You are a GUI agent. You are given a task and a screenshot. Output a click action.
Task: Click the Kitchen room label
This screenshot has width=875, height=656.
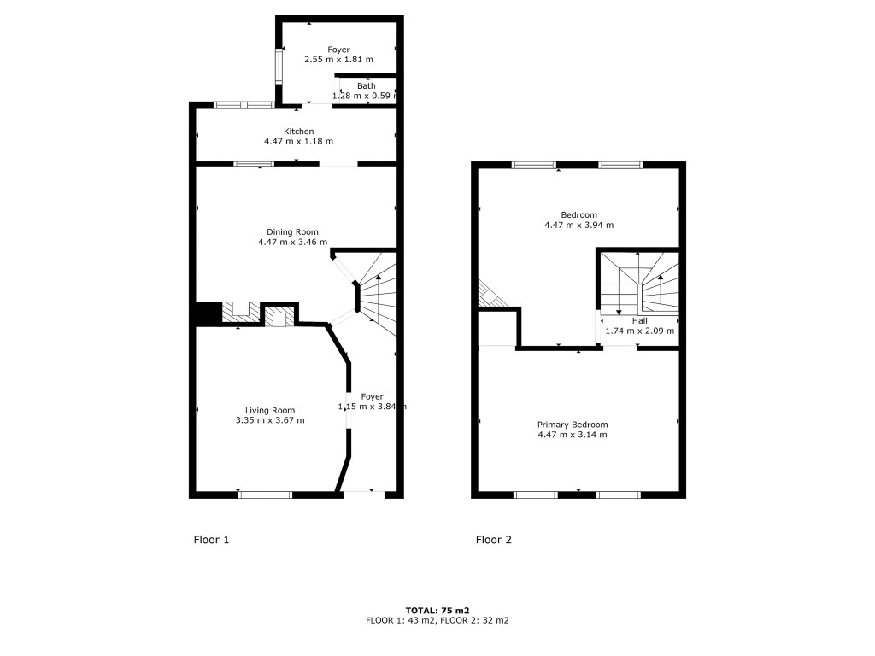298,131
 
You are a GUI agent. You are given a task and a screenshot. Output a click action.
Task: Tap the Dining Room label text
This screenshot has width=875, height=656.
292,232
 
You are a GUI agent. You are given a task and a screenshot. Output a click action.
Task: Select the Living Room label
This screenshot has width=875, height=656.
270,411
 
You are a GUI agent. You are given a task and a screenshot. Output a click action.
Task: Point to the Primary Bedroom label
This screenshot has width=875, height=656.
573,425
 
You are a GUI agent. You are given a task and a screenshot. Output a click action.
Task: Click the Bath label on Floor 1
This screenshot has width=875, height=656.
366,86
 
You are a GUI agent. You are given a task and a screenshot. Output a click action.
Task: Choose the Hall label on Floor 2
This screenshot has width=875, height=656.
639,321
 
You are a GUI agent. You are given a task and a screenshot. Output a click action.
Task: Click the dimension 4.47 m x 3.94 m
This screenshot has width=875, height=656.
578,225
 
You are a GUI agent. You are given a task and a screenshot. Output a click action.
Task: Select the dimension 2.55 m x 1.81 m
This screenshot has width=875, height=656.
338,59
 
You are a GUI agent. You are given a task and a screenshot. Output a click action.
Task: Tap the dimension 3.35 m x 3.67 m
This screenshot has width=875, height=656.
270,420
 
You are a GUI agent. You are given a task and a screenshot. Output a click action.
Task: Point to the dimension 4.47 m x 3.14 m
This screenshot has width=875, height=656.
573,435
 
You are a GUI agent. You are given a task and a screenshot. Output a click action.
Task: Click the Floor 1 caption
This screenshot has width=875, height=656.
211,540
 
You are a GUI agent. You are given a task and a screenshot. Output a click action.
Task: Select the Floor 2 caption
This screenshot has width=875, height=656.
493,540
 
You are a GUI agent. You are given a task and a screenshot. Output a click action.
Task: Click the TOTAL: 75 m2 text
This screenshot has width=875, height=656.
437,610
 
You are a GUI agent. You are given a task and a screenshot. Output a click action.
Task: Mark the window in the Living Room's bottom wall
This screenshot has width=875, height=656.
265,495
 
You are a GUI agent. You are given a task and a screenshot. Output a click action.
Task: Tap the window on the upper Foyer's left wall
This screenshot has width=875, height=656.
279,66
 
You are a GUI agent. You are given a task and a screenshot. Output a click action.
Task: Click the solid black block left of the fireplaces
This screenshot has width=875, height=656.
208,313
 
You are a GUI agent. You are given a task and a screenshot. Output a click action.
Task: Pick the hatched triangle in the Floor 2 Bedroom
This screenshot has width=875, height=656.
490,295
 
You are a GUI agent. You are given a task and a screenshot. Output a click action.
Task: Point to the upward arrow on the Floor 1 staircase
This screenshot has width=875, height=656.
379,290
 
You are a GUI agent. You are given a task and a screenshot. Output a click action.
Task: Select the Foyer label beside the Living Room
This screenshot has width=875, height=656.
372,396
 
